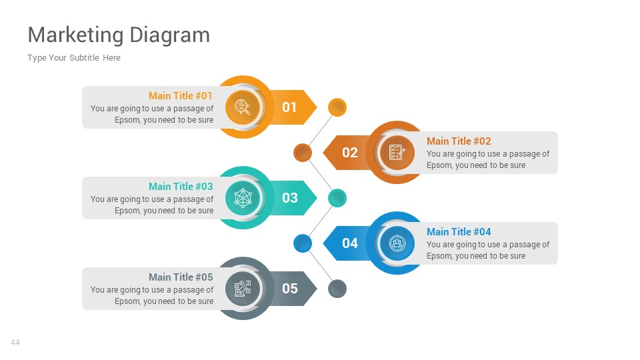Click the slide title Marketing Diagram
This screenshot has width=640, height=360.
tap(119, 35)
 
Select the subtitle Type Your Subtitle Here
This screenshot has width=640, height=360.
tap(74, 58)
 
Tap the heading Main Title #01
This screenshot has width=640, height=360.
tap(181, 96)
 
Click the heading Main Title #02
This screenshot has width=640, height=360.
tap(459, 141)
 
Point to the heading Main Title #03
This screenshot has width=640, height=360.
tap(181, 187)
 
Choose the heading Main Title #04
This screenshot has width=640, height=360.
tap(459, 232)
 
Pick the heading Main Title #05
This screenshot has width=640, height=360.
tap(181, 277)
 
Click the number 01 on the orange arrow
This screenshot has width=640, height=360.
tap(289, 107)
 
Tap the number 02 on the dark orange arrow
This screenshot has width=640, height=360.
tap(350, 153)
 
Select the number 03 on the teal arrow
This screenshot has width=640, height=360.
tap(289, 198)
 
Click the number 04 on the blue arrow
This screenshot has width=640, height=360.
tap(350, 243)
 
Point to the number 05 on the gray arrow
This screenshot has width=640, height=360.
tap(289, 289)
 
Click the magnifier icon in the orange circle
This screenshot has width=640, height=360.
tap(243, 107)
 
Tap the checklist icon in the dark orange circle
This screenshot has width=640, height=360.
tap(397, 153)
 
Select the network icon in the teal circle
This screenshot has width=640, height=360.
tap(243, 198)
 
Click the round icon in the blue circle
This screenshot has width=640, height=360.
tap(397, 243)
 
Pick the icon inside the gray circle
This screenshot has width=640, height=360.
tap(243, 289)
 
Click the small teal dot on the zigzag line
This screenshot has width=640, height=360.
tap(337, 198)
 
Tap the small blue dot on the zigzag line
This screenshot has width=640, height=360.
tap(303, 243)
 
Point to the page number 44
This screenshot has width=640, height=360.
tap(15, 343)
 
